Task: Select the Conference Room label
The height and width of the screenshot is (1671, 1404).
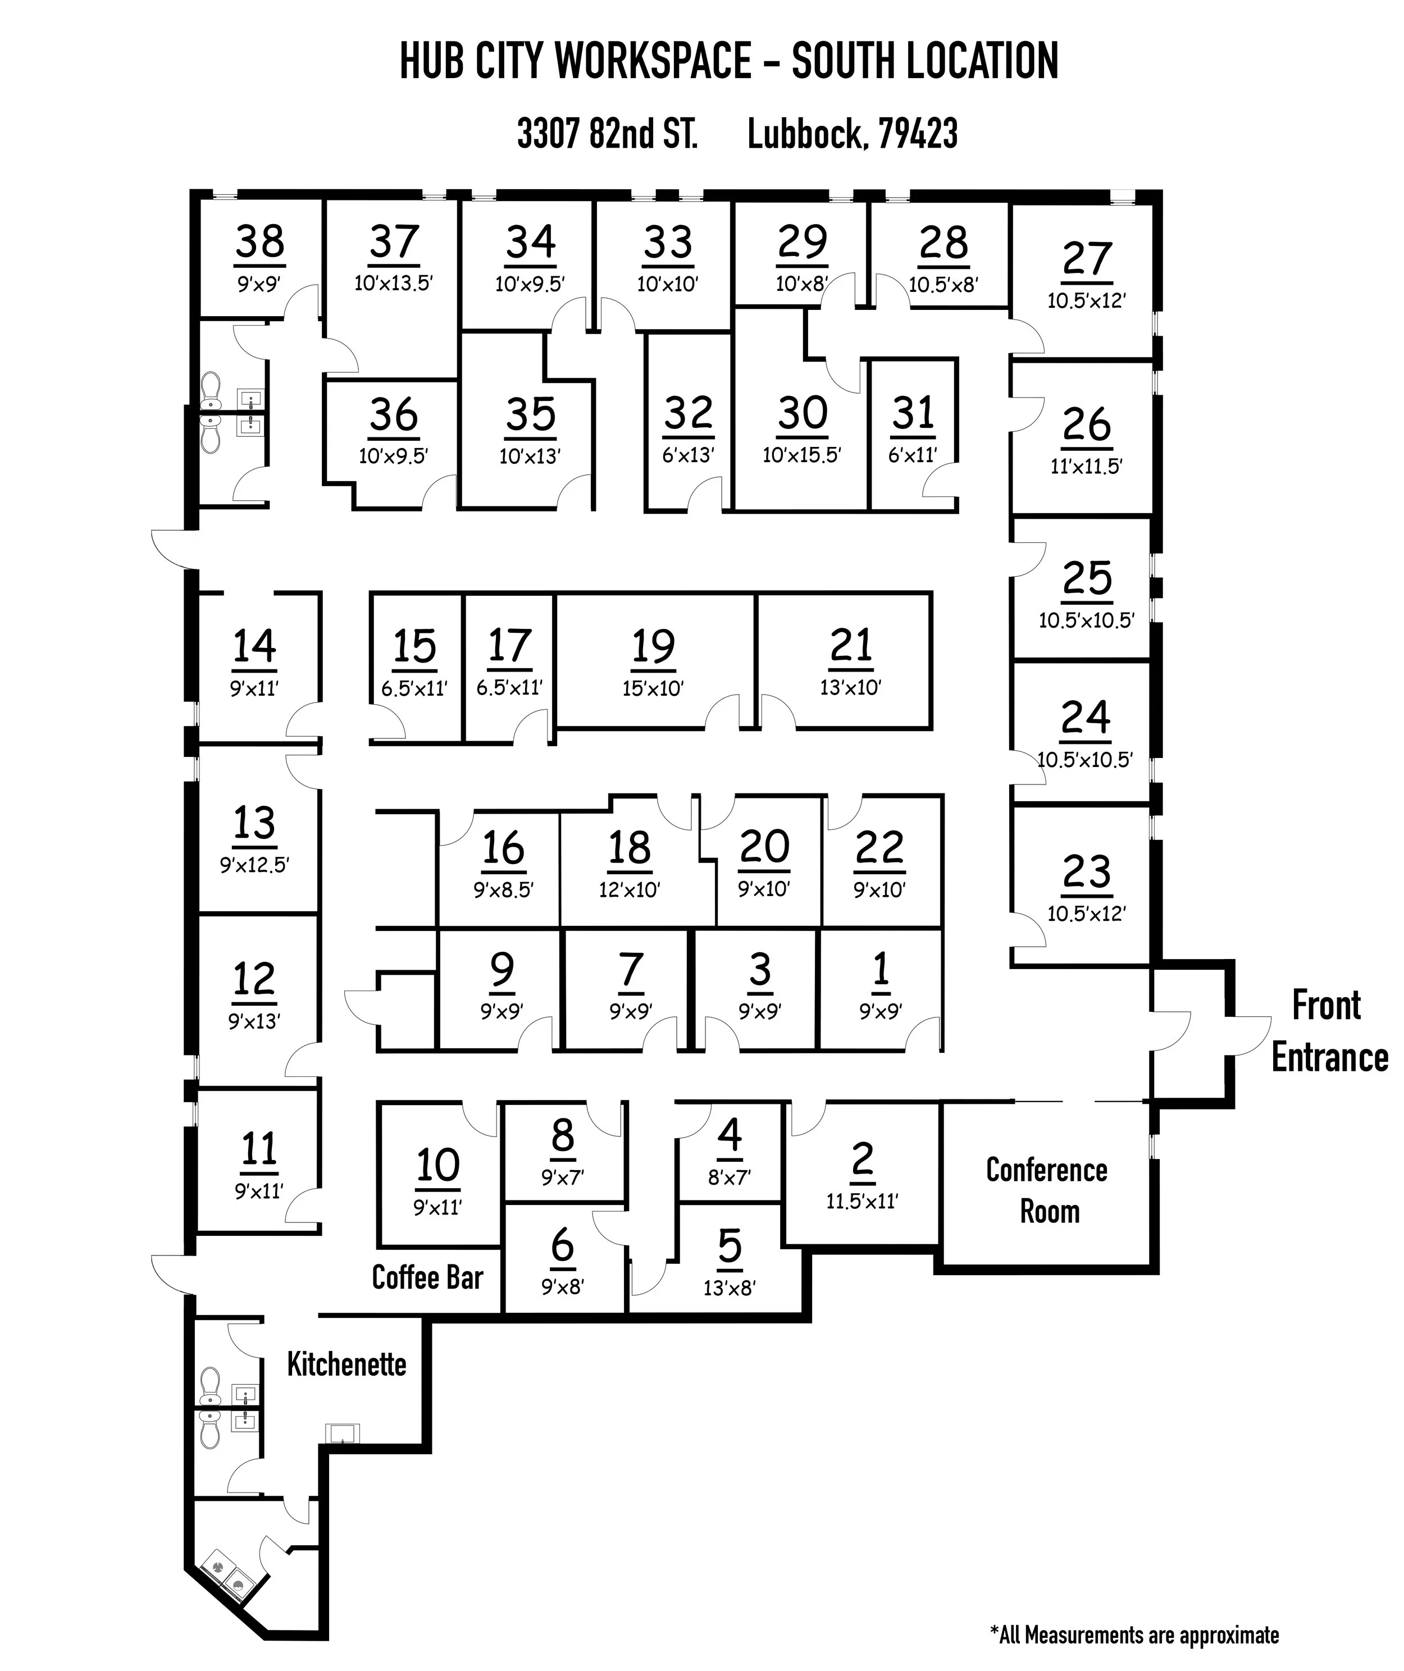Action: (1047, 1191)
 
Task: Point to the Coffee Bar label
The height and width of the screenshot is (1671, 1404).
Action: (427, 1278)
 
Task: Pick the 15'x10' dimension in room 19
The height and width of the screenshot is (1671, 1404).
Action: (653, 688)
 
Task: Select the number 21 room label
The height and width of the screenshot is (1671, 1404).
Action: (851, 645)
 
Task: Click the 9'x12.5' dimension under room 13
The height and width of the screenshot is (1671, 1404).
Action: (255, 864)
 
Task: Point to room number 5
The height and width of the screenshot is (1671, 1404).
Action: (729, 1246)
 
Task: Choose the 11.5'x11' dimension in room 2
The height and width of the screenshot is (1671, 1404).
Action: (862, 1200)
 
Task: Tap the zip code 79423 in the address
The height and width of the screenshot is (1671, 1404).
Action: (918, 134)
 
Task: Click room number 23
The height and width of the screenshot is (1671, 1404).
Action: (1087, 871)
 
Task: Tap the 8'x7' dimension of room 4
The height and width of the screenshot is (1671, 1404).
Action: (729, 1177)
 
